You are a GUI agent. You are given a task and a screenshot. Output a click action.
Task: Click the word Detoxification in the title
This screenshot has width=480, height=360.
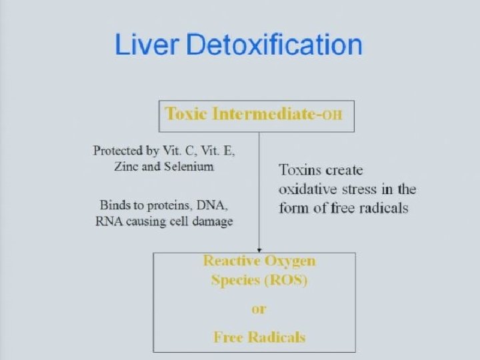click(x=274, y=45)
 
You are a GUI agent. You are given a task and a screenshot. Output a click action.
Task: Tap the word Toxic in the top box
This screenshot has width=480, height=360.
click(x=186, y=113)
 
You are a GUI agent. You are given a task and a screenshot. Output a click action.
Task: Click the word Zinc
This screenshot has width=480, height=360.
click(x=127, y=167)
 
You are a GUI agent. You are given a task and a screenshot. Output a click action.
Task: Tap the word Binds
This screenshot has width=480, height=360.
click(x=115, y=205)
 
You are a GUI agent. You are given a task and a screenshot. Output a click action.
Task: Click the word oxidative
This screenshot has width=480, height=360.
click(x=309, y=189)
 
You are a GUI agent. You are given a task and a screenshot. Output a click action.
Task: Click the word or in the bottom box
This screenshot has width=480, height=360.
click(x=259, y=309)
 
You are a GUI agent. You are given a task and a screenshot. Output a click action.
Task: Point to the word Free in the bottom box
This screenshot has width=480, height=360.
click(x=229, y=337)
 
